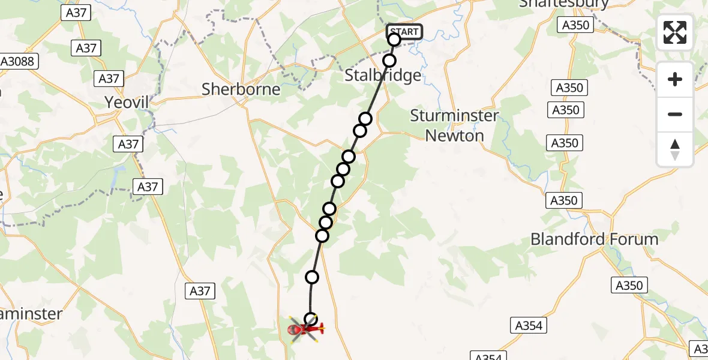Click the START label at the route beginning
(405, 31)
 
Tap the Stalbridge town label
(383, 76)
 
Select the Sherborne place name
(241, 89)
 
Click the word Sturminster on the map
(454, 116)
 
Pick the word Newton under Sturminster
(454, 136)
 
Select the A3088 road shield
(19, 61)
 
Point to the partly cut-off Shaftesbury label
(563, 4)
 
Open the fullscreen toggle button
(675, 32)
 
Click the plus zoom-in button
(675, 79)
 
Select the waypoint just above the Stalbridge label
(389, 61)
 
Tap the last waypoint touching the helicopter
(311, 319)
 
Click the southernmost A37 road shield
(199, 291)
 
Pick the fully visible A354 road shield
(529, 326)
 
